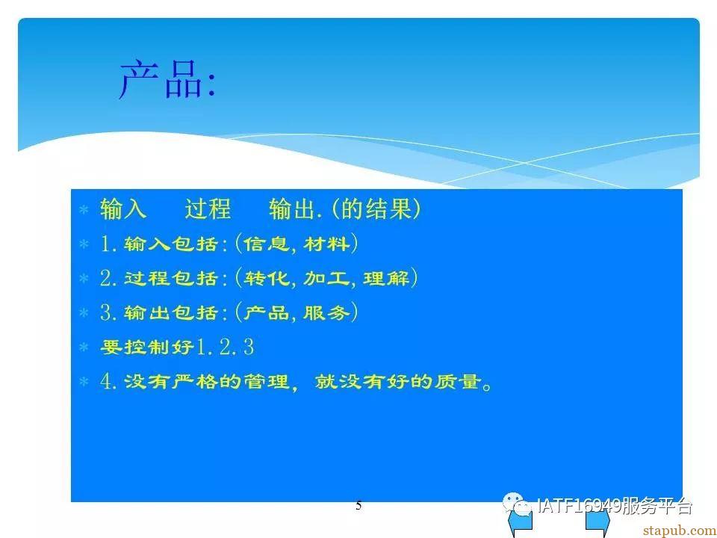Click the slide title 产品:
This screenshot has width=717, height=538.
(x=167, y=80)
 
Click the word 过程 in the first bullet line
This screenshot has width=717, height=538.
(x=208, y=209)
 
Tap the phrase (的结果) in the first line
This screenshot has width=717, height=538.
(x=375, y=209)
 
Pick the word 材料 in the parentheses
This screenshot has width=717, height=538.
(x=326, y=244)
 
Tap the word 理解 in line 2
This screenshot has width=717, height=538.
(x=386, y=278)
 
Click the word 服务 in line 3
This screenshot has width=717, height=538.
(x=326, y=313)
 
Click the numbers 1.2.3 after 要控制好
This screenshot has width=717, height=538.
(x=225, y=347)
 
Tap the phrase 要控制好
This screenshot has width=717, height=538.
(x=147, y=347)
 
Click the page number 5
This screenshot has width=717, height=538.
(x=358, y=506)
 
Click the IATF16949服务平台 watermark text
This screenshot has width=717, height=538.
(x=615, y=506)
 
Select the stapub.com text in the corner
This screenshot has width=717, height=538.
(x=679, y=531)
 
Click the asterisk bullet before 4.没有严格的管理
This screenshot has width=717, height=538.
(x=84, y=382)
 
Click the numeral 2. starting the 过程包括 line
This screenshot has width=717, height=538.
(x=108, y=278)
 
